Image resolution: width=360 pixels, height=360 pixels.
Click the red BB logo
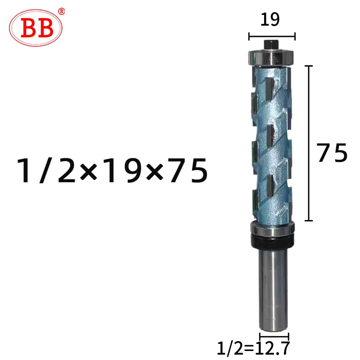point(36,28)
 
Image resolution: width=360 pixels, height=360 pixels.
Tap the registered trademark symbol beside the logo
point(61,11)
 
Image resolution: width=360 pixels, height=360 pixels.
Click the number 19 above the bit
point(270,19)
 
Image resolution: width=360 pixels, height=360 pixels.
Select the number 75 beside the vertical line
point(332,153)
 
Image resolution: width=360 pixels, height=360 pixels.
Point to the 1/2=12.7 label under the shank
point(253,348)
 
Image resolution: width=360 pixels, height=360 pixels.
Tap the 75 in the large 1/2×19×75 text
point(189,171)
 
